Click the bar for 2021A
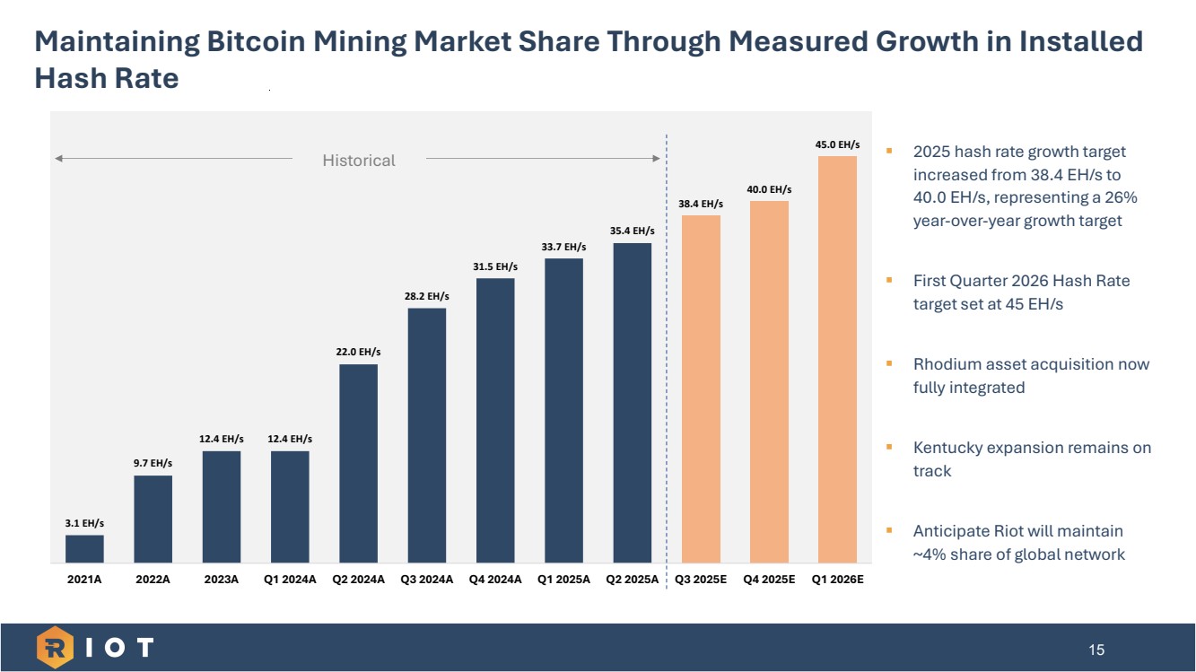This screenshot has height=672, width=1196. tap(84, 549)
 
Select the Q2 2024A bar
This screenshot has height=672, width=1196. tap(358, 463)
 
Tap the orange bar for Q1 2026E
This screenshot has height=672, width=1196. tap(837, 359)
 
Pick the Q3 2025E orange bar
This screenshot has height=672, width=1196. tap(701, 388)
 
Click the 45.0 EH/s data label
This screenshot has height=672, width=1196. tap(837, 144)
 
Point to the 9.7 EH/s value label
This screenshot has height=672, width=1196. tap(153, 463)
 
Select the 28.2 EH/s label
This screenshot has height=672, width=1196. tap(427, 295)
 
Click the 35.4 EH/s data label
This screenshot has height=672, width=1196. tap(633, 231)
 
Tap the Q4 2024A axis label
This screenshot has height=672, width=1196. tap(495, 580)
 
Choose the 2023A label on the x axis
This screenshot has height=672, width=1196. tap(222, 580)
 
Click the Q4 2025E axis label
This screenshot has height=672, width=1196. tap(769, 580)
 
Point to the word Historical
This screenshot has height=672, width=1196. tap(359, 161)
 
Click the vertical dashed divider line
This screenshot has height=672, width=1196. tap(667, 359)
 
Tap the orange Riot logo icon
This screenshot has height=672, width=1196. tap(55, 648)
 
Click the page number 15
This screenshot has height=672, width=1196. tap(1096, 650)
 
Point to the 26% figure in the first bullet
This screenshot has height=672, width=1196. tap(1121, 197)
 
